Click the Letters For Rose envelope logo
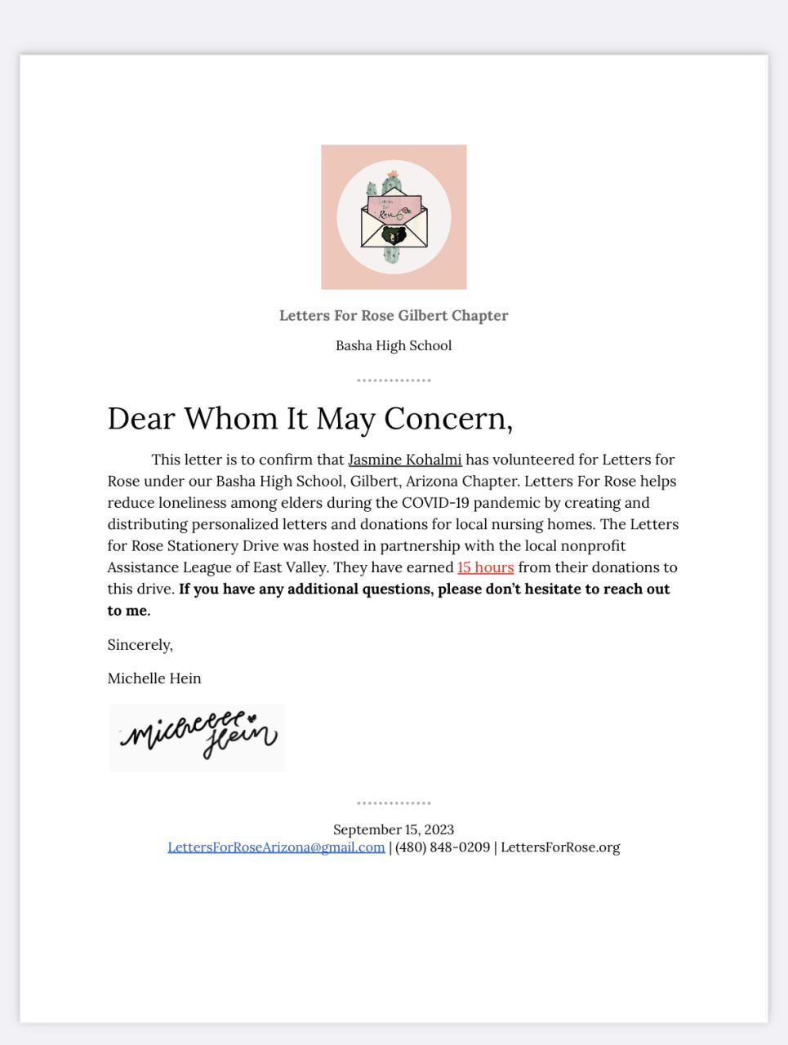click(x=394, y=217)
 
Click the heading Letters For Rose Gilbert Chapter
click(x=394, y=316)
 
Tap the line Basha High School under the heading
click(x=394, y=345)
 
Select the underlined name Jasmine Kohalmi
click(x=404, y=460)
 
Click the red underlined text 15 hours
click(x=485, y=567)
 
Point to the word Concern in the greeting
click(x=447, y=419)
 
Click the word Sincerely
click(x=140, y=645)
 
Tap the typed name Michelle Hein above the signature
click(x=154, y=678)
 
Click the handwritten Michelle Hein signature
click(x=198, y=736)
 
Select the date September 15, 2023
click(x=394, y=829)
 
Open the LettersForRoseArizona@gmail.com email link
click(x=276, y=847)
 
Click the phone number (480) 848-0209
click(x=442, y=847)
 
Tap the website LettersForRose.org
click(x=560, y=847)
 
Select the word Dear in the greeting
click(x=140, y=419)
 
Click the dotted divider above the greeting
click(x=394, y=380)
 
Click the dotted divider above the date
click(x=394, y=803)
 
